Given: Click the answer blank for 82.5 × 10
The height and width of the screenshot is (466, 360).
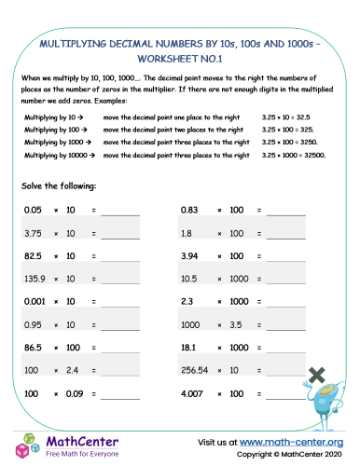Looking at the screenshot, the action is point(119,256).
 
